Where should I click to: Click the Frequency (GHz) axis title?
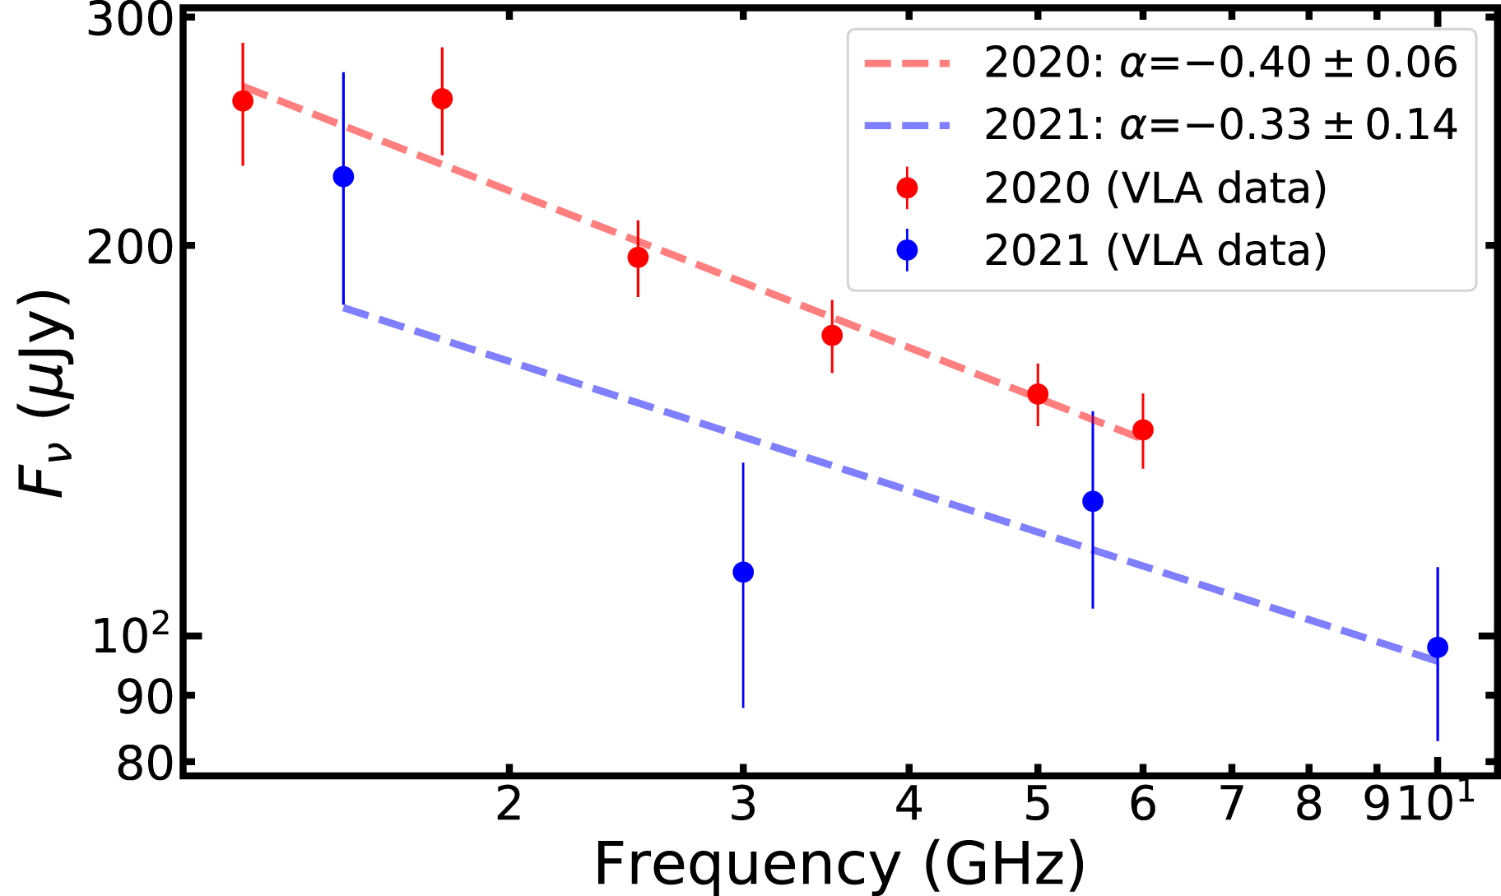tap(839, 864)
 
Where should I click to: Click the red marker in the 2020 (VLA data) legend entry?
tap(907, 188)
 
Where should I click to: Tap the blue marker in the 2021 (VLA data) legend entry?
tap(907, 249)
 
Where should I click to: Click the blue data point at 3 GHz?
tap(743, 572)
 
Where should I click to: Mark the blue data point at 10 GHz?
tap(1438, 648)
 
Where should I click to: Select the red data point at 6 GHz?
tap(1143, 429)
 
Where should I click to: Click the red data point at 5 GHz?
tap(1039, 394)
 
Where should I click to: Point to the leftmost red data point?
tap(243, 101)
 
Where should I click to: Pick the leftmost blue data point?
tap(344, 177)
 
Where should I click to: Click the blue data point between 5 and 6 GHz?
tap(1093, 501)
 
